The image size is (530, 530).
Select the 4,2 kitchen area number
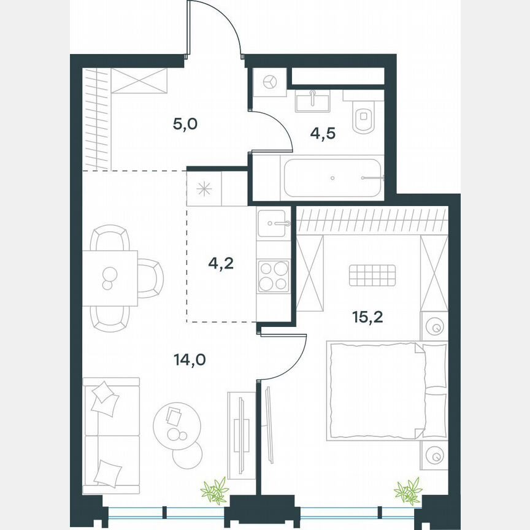click(x=221, y=264)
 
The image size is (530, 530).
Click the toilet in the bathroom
click(x=364, y=117)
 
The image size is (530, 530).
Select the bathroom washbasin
click(x=312, y=101)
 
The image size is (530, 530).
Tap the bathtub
click(x=332, y=177)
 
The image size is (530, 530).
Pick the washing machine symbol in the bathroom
click(x=269, y=82)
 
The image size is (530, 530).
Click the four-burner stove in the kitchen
click(x=274, y=276)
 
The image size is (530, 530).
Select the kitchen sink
click(x=274, y=223)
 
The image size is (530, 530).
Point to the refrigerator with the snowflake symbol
click(x=204, y=189)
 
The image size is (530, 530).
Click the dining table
click(x=110, y=278)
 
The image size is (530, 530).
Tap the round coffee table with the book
click(x=176, y=423)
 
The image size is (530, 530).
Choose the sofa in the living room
click(x=110, y=435)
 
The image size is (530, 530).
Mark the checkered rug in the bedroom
click(x=373, y=274)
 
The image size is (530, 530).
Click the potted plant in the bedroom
click(x=407, y=491)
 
